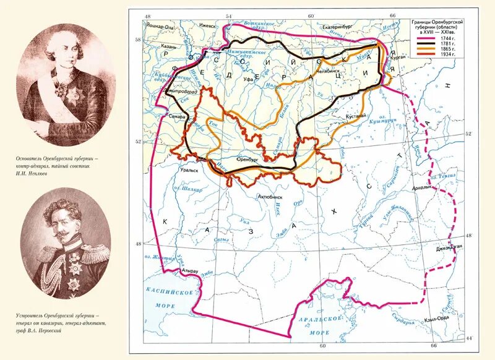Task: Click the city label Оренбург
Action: pos(247,158)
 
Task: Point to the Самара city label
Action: pos(171,116)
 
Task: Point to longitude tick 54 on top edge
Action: pos(228,16)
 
